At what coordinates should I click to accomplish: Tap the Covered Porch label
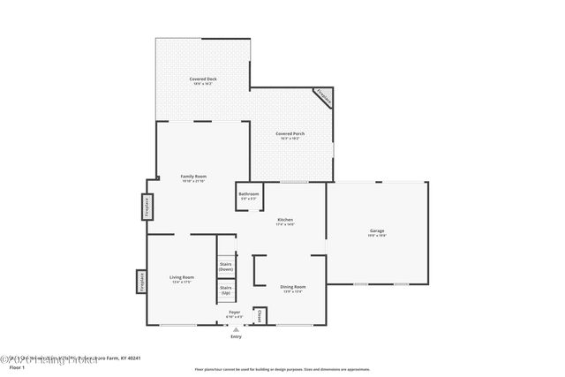tap(290, 133)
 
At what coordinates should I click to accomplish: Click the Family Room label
tap(193, 177)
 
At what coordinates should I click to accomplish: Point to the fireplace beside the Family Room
tap(145, 207)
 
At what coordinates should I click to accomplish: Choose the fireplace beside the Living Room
tap(139, 281)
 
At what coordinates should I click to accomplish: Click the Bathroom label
tap(249, 193)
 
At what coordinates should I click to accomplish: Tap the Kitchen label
tap(285, 219)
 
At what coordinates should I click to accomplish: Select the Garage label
tap(377, 230)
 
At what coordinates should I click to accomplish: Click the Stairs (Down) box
tap(226, 266)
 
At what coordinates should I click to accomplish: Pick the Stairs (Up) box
tap(226, 290)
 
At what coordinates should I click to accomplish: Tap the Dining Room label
tap(292, 287)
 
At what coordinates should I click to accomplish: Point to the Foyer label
tap(235, 312)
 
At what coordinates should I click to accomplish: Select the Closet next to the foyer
tap(259, 315)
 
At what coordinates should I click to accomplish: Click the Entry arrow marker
tap(236, 328)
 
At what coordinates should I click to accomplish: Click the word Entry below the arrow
tap(236, 336)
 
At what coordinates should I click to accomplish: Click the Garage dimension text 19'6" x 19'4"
tap(377, 236)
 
